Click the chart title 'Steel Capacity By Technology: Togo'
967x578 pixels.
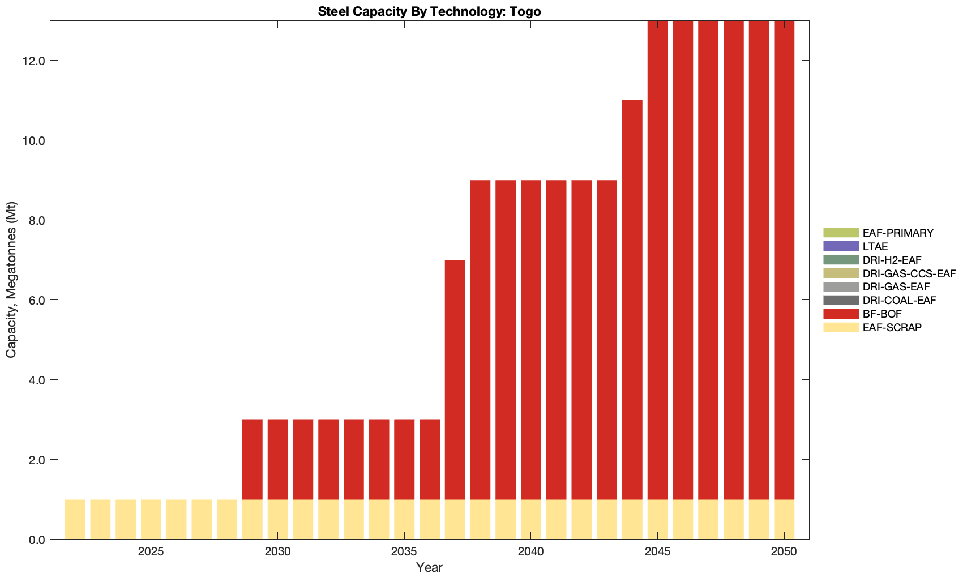pyautogui.click(x=429, y=11)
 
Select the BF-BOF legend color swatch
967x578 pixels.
pyautogui.click(x=841, y=314)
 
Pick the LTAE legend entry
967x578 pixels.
pyautogui.click(x=875, y=246)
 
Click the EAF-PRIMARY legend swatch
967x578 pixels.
pyautogui.click(x=841, y=233)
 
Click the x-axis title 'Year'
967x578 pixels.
pyautogui.click(x=429, y=567)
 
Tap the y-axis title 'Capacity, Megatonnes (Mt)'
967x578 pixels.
pyautogui.click(x=11, y=280)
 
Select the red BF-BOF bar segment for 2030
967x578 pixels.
pyautogui.click(x=277, y=459)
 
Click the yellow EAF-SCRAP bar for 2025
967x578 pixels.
pyautogui.click(x=151, y=519)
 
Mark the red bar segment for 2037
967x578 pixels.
pyautogui.click(x=455, y=379)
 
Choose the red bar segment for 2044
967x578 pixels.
pyautogui.click(x=632, y=299)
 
